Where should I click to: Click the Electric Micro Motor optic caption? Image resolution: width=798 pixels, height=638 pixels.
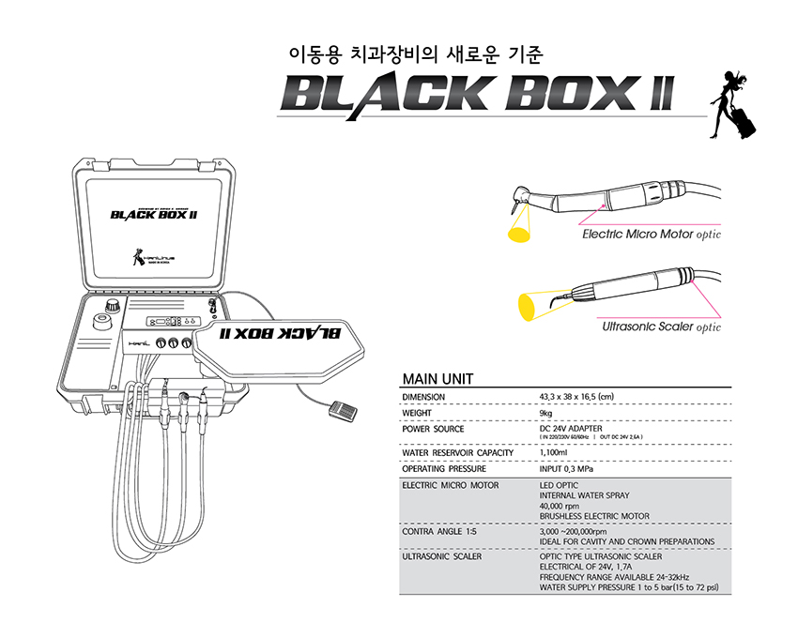(x=651, y=234)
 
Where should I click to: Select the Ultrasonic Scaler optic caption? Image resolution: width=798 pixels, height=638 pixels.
(x=661, y=327)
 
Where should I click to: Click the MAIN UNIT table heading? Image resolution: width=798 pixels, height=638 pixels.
(x=437, y=379)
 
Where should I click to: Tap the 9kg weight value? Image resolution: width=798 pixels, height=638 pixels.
(x=545, y=413)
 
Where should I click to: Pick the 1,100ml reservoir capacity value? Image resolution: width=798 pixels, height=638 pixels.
(x=553, y=453)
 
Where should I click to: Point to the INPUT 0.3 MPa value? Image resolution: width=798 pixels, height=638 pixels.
(x=566, y=469)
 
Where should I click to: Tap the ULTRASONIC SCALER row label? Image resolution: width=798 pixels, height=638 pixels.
(x=441, y=556)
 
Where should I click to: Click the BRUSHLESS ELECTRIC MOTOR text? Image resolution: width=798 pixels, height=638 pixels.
(x=594, y=516)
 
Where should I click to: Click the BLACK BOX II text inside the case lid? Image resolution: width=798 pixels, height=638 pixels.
(x=153, y=214)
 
